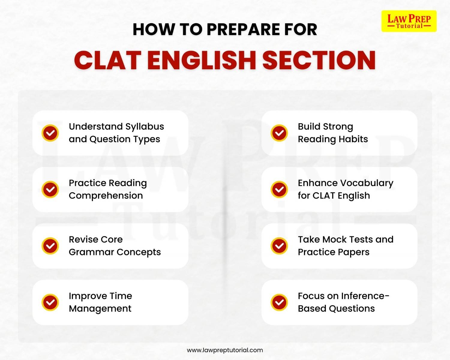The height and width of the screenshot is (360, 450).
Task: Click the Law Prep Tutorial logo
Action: [x=409, y=21]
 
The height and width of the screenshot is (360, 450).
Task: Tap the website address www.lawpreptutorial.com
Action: [x=225, y=350]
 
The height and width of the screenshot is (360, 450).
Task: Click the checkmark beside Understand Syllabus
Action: [x=50, y=133]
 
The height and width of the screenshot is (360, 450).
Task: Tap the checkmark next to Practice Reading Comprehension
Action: [x=50, y=189]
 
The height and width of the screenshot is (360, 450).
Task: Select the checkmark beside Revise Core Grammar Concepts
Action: [x=50, y=246]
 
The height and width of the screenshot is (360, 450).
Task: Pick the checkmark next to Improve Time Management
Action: [x=50, y=302]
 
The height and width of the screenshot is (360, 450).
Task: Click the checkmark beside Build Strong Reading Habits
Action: [x=279, y=133]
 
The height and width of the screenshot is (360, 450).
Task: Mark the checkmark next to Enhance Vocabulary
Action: [x=279, y=189]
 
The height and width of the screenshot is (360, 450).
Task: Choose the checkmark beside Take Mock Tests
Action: [x=279, y=246]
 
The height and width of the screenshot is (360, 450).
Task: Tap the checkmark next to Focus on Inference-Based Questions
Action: [x=279, y=302]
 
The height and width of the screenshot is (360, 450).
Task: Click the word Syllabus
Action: [x=145, y=127]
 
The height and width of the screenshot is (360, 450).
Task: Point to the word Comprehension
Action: [x=106, y=196]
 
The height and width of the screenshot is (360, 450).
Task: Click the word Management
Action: [x=100, y=309]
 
